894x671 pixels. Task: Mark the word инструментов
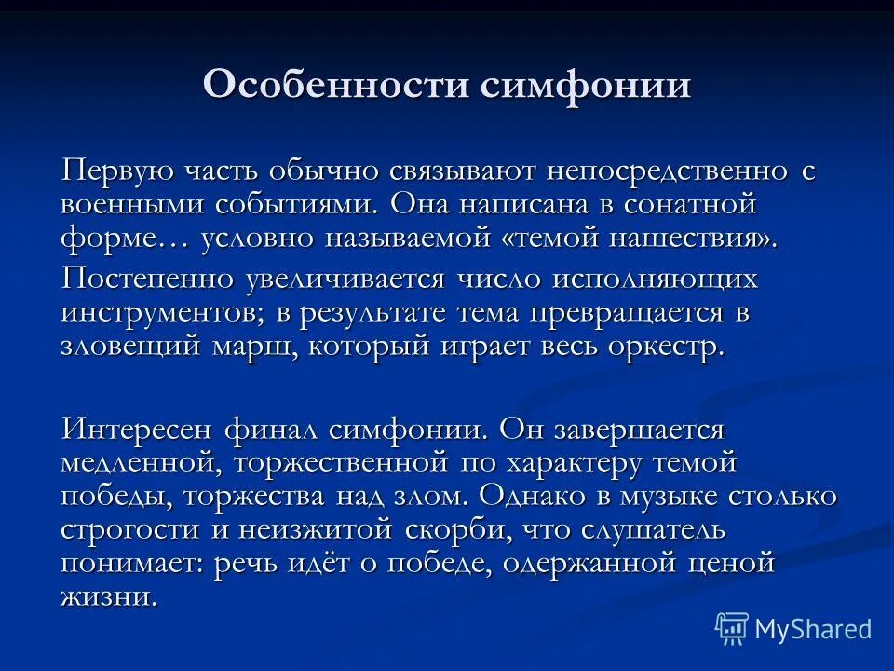pos(163,312)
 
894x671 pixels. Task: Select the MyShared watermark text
pos(813,629)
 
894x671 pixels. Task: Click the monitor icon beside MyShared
pos(732,628)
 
